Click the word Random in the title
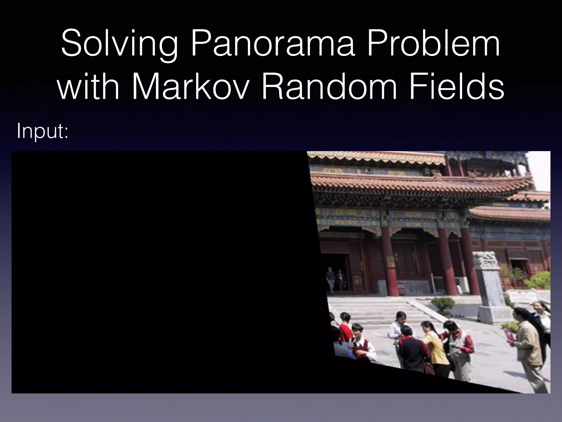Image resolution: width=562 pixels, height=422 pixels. click(x=329, y=87)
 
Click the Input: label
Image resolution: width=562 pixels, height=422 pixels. click(x=43, y=131)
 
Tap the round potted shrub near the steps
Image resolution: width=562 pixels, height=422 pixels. click(x=442, y=304)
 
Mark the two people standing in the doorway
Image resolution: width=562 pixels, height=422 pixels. click(x=335, y=279)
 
